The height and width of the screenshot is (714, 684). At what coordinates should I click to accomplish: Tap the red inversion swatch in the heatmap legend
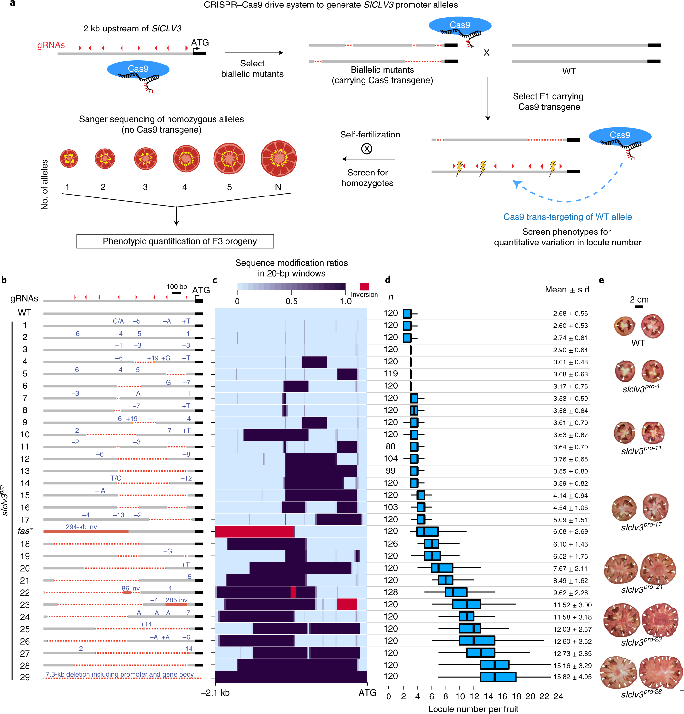click(364, 286)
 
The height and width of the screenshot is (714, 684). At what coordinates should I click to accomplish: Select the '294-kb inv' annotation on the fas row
click(81, 527)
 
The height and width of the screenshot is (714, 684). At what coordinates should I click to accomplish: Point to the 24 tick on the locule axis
click(558, 696)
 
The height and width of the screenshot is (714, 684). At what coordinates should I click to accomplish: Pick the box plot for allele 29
click(498, 677)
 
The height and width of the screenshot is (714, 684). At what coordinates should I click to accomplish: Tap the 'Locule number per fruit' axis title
click(473, 709)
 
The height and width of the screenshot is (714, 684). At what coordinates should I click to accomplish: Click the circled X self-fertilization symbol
click(366, 149)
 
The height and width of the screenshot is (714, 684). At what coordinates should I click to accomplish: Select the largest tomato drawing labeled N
click(278, 159)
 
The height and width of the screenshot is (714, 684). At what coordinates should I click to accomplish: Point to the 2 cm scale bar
click(639, 307)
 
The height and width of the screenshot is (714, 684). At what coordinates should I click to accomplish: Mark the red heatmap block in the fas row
click(254, 531)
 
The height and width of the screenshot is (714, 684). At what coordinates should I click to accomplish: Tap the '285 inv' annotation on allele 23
click(176, 600)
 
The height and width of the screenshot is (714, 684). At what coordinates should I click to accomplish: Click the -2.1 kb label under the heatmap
click(215, 693)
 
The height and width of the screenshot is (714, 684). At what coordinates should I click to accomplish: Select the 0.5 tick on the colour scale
click(291, 301)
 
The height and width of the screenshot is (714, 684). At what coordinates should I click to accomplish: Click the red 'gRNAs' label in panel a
click(51, 45)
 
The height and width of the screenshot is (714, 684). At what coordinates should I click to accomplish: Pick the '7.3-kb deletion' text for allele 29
click(119, 674)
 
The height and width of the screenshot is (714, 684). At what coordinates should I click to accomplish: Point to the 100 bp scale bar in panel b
click(177, 292)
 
